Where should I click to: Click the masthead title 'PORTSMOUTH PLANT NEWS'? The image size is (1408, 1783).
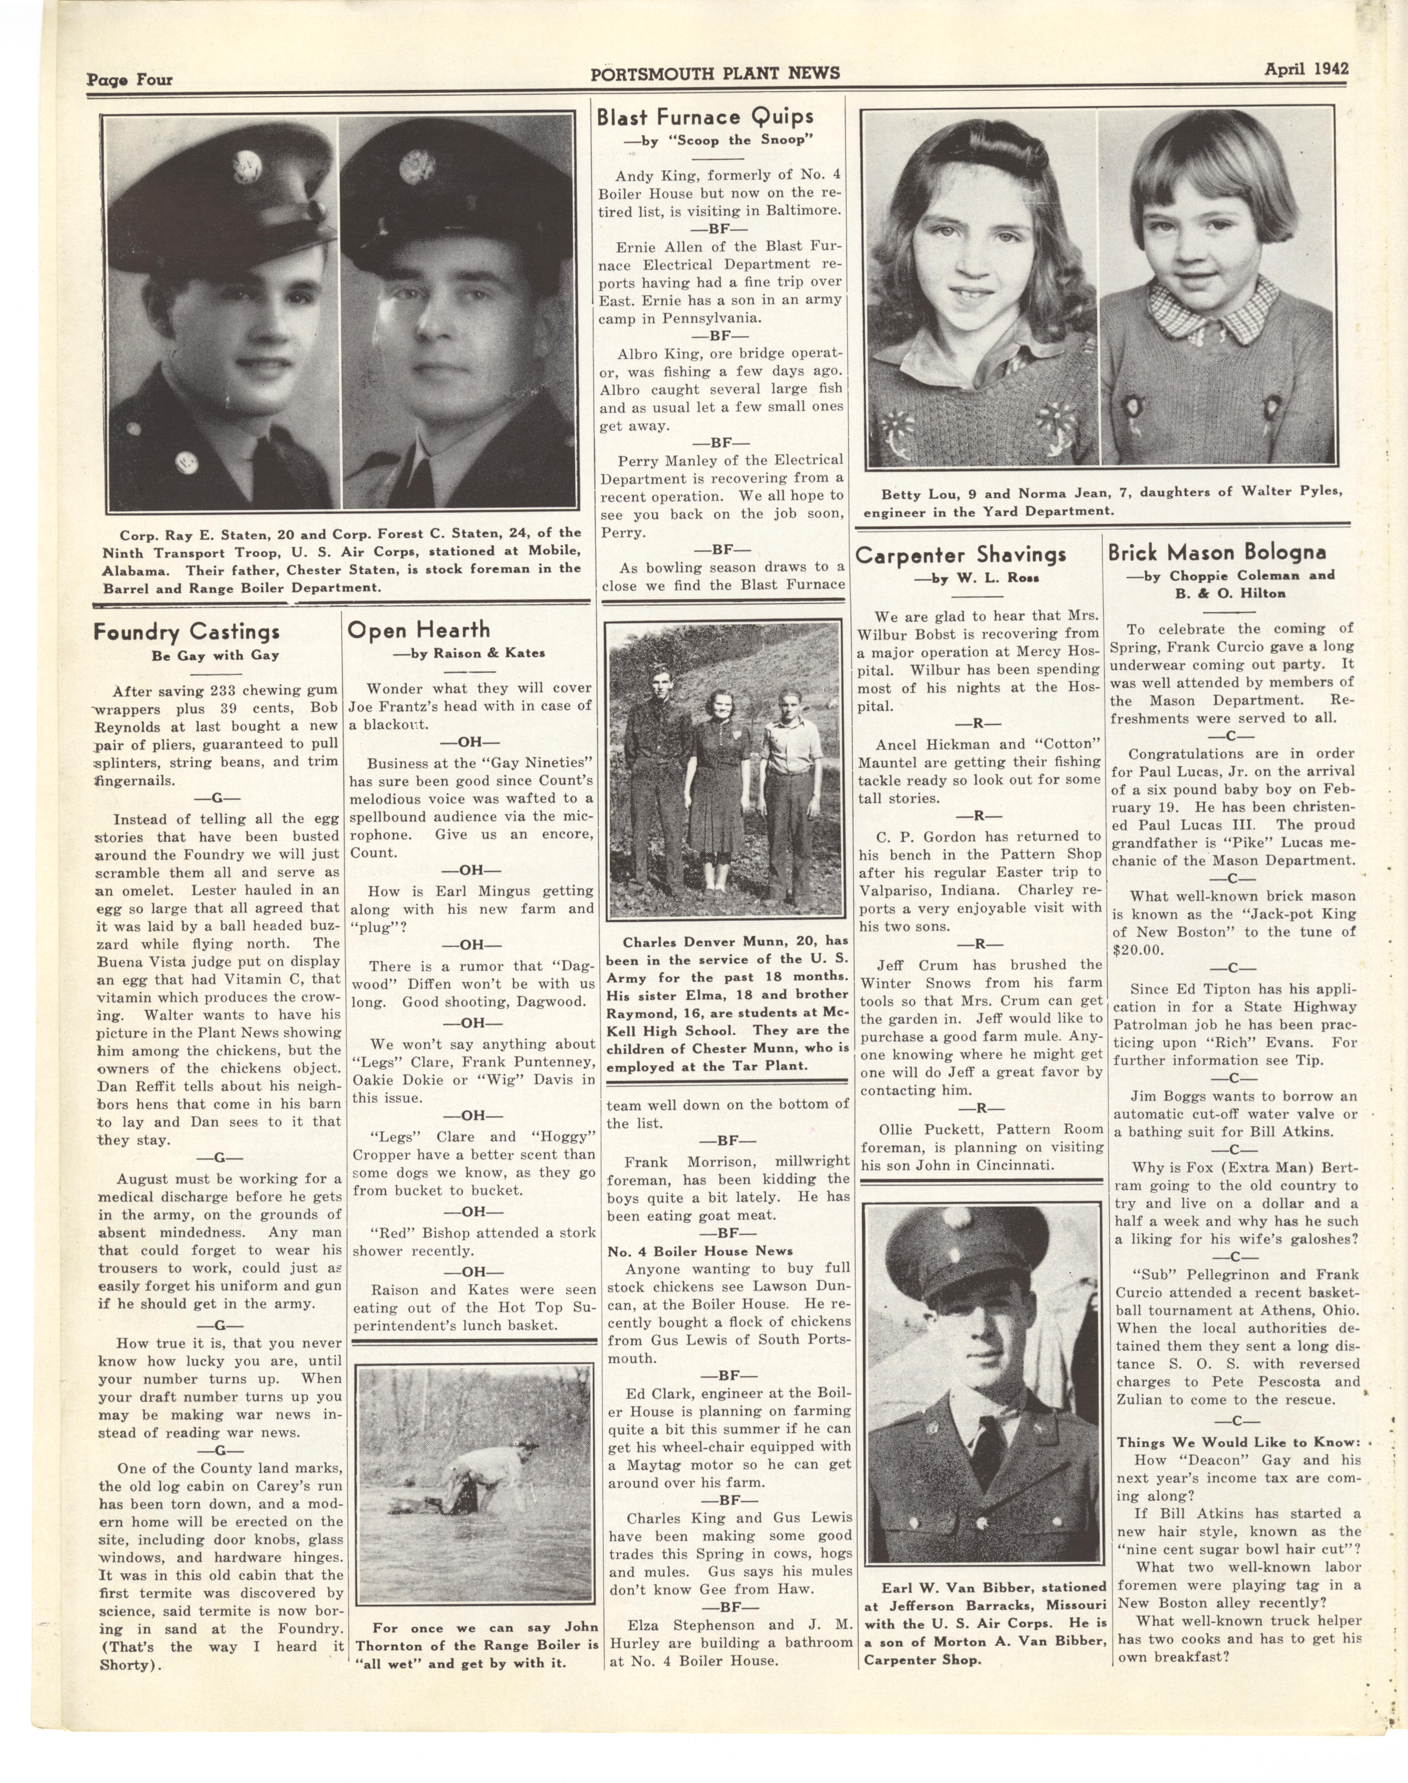coord(715,73)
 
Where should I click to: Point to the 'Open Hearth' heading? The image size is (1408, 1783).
coord(419,630)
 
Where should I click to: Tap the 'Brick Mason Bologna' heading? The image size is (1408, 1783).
coord(1217,552)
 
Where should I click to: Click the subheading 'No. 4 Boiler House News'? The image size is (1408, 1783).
coord(700,1251)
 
